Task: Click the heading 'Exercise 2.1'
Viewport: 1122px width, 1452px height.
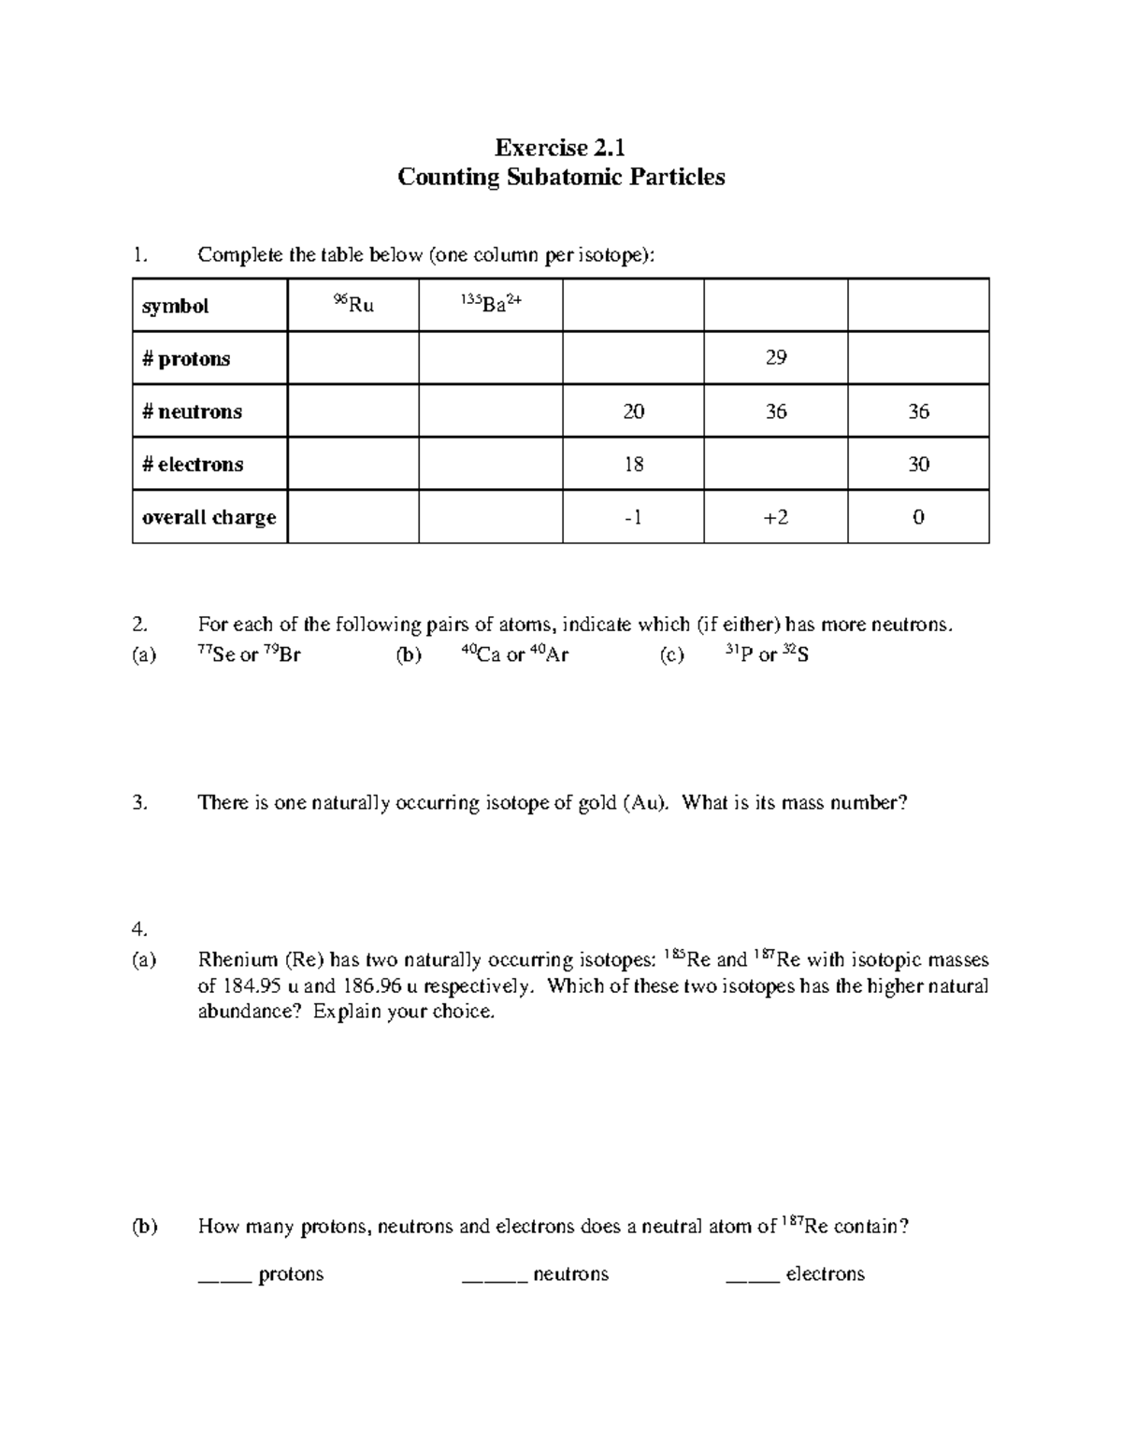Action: pos(560,148)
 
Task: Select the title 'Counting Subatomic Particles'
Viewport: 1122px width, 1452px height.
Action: pos(561,177)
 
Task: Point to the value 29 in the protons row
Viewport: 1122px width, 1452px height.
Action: pos(775,357)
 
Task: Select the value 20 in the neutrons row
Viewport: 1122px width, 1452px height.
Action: pos(633,411)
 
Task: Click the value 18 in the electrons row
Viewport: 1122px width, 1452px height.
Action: pos(633,465)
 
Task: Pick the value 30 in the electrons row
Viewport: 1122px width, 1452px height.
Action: pos(918,465)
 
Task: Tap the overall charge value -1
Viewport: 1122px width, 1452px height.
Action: pos(633,517)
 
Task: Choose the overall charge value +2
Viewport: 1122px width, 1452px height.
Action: pos(775,517)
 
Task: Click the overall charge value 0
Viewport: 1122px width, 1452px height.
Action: pos(918,517)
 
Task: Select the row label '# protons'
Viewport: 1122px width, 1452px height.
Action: pos(186,359)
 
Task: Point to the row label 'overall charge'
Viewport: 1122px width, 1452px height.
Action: pos(209,517)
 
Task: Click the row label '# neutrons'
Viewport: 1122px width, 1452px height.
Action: pos(192,411)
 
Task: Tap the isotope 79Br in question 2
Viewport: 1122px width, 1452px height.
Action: pos(281,654)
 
